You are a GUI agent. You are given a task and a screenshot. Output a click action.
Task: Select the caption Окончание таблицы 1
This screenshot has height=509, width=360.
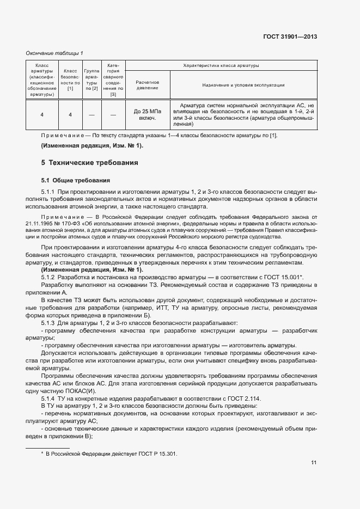(x=55, y=53)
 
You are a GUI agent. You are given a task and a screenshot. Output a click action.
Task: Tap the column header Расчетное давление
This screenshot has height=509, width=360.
(x=147, y=84)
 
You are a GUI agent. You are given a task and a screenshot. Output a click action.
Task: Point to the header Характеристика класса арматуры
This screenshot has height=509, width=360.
(x=221, y=65)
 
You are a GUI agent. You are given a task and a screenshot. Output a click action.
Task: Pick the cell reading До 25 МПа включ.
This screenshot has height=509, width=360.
(x=147, y=114)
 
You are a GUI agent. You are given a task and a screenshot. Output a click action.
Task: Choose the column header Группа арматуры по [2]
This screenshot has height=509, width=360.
(x=91, y=80)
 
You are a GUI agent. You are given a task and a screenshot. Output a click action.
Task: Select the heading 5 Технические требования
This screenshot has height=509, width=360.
(x=90, y=162)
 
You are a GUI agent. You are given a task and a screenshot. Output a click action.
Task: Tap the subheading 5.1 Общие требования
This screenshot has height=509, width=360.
(x=76, y=180)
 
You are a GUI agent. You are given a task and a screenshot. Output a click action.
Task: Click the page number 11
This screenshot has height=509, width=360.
(x=314, y=463)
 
